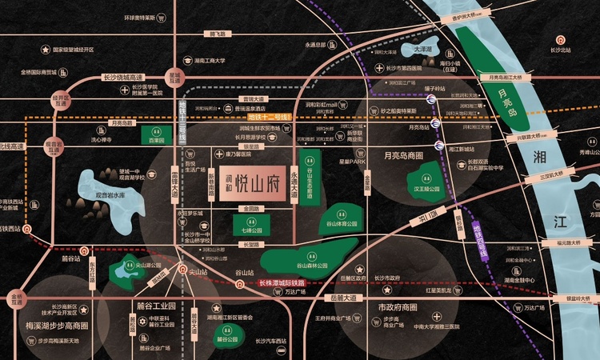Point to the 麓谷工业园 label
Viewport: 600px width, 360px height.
tap(143, 306)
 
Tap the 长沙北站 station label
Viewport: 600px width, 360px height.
tap(560, 50)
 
